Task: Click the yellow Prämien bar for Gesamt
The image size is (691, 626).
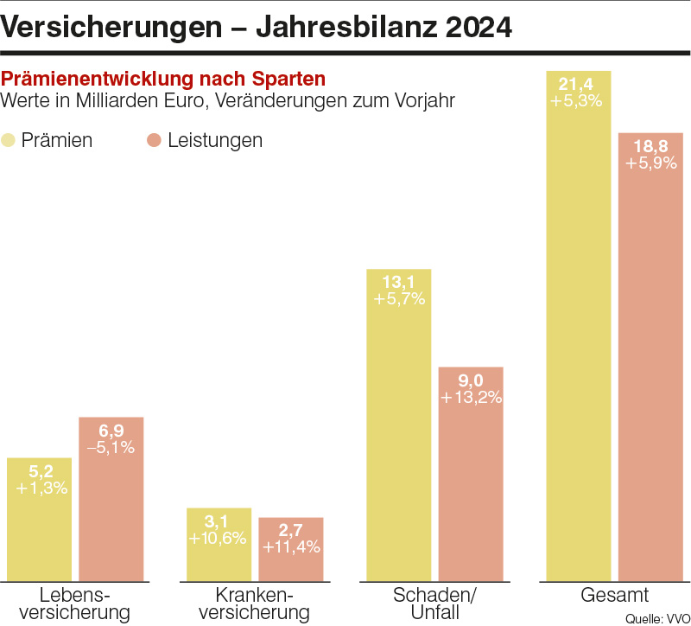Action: [579, 346]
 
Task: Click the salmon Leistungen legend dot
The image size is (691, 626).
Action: [155, 140]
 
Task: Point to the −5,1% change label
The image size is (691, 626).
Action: [111, 448]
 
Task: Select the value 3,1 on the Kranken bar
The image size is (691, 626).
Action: [219, 521]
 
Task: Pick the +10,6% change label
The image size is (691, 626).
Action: [219, 538]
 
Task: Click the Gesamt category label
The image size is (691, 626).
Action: [614, 596]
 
